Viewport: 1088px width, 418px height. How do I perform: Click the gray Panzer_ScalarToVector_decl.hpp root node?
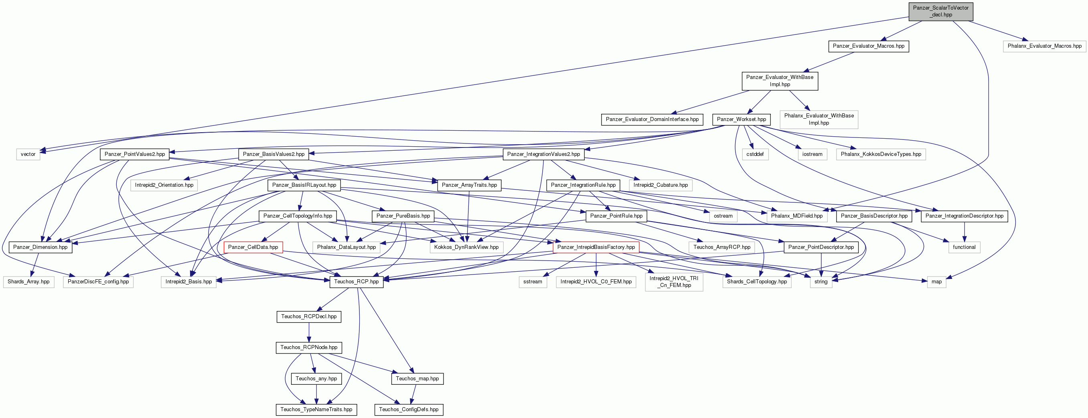coord(940,11)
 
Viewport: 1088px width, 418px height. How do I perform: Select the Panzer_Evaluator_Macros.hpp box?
coord(868,46)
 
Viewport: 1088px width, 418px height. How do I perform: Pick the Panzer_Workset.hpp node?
coord(741,119)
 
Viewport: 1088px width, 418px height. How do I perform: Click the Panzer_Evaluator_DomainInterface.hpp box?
coord(652,119)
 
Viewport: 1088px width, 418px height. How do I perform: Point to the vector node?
coord(28,154)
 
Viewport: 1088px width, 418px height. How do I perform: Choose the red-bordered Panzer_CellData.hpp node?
coord(253,247)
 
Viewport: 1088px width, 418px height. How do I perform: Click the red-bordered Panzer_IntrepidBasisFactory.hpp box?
coord(596,247)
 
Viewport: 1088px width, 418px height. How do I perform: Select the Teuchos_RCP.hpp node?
coord(357,282)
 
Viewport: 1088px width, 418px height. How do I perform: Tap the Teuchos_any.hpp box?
coord(316,379)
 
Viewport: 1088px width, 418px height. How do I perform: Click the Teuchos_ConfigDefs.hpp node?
coord(409,410)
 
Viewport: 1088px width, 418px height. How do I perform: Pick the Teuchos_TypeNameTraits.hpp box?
coord(316,410)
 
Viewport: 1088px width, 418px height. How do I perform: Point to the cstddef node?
coord(755,154)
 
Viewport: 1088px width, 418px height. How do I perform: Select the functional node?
coord(964,247)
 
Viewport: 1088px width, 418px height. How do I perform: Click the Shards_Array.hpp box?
coord(29,282)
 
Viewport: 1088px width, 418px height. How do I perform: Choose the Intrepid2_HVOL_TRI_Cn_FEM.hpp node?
coord(674,282)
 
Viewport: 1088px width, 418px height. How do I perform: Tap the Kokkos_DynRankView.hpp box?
coord(466,247)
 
